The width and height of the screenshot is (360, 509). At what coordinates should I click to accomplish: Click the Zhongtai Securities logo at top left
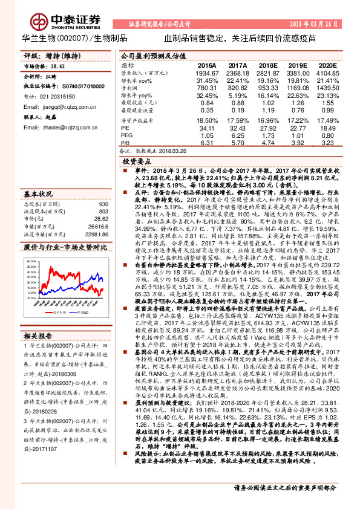[x=48, y=18]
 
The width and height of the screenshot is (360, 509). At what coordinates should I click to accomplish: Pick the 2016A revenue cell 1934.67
[x=207, y=72]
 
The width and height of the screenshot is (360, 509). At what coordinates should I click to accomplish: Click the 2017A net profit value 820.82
[x=238, y=88]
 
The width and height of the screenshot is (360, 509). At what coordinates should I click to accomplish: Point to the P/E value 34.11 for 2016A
[x=207, y=128]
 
